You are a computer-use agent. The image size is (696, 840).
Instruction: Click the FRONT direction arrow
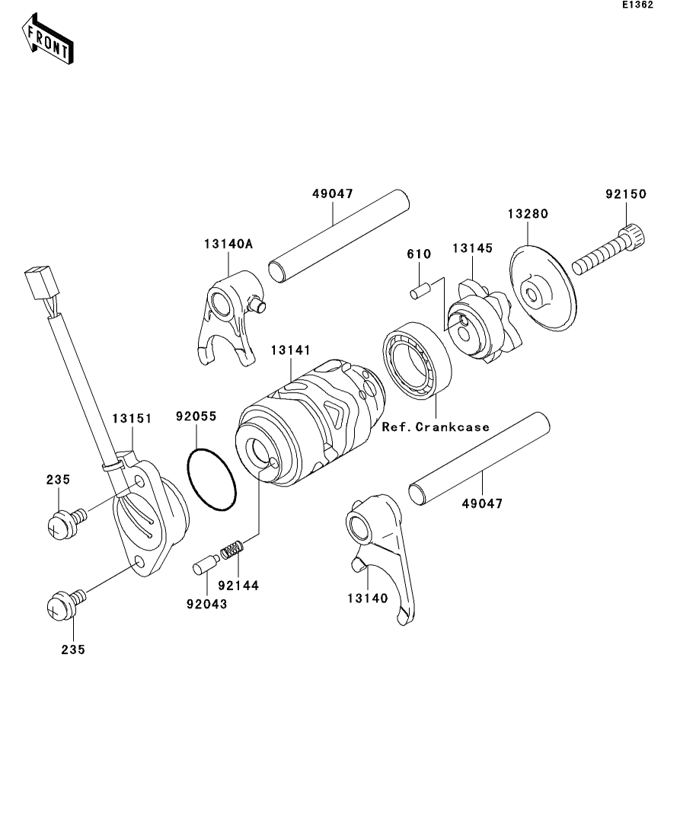point(48,43)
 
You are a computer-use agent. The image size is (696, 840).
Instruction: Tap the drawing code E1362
point(637,5)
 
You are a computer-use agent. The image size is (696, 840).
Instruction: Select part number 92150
point(625,194)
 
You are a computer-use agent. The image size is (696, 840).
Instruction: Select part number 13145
point(473,248)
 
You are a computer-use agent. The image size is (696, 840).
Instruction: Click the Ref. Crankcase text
point(436,426)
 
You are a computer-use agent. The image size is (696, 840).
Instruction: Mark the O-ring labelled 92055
point(211,480)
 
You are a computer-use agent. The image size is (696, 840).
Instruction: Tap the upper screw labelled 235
point(62,524)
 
